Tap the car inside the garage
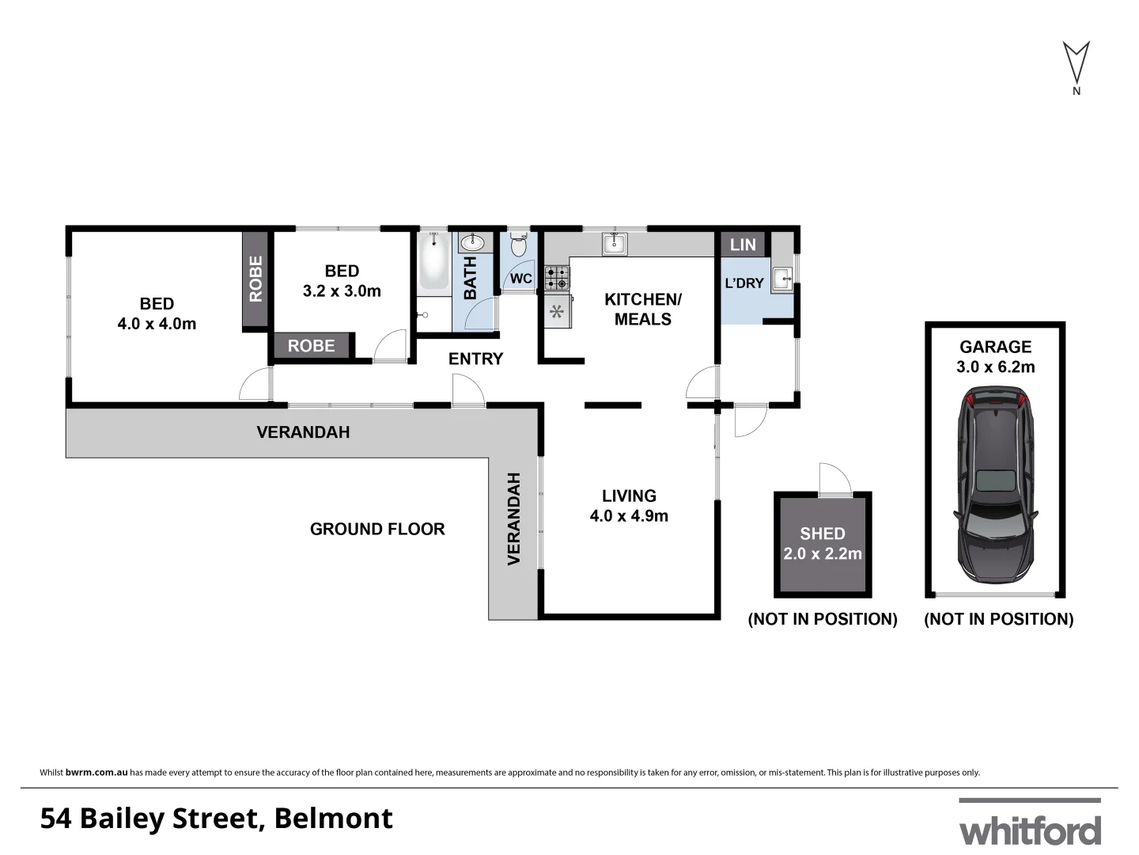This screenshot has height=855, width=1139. [995, 484]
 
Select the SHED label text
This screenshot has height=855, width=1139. [823, 534]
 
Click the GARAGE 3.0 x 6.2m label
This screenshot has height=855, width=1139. [995, 356]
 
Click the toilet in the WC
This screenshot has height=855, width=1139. [519, 245]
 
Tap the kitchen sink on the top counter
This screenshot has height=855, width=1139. [614, 243]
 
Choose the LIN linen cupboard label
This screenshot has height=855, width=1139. [743, 245]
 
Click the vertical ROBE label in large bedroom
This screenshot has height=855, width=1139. [255, 279]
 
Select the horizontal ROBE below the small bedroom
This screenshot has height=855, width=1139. [311, 346]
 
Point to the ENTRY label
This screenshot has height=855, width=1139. [475, 359]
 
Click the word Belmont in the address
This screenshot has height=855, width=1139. [333, 818]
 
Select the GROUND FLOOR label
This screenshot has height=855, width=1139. [377, 529]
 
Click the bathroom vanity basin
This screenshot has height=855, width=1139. [476, 242]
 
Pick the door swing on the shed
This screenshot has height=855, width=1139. [834, 480]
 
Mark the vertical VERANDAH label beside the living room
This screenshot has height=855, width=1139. [514, 519]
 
